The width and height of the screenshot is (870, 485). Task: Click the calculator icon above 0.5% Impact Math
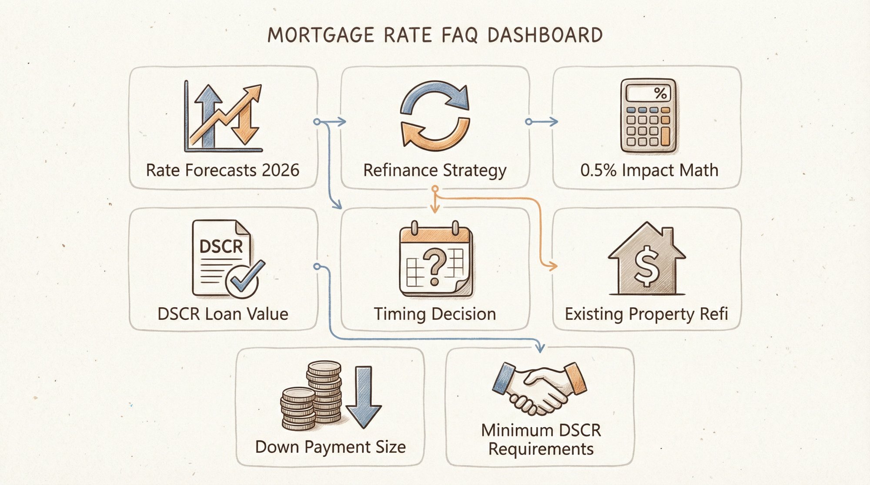649,116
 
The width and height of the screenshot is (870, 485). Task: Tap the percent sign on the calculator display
660,93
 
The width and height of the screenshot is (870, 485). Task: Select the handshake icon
540,387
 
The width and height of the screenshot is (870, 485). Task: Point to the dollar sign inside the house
646,266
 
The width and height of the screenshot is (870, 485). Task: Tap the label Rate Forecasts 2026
223,170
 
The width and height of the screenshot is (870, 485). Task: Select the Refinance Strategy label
435,170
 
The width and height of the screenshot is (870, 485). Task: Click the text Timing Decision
435,314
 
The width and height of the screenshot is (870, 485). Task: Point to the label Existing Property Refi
646,314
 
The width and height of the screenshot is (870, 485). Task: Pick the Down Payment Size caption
331,447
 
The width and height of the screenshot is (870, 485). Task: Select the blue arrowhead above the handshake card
540,348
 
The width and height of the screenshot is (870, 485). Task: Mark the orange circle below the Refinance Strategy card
435,189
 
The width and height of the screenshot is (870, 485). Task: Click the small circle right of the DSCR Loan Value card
317,266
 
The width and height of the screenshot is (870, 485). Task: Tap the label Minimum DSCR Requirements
541,439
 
